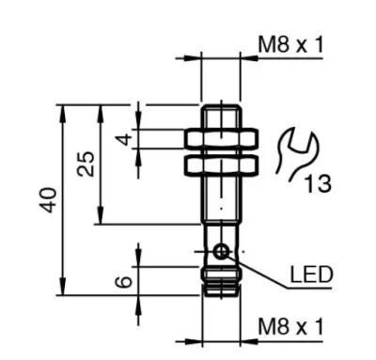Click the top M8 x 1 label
[x=290, y=45]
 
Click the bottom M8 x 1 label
[x=290, y=327]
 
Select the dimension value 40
[x=49, y=200]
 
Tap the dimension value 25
[x=86, y=164]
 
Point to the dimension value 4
[x=124, y=139]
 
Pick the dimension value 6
[x=123, y=281]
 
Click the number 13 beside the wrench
[x=318, y=183]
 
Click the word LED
[x=311, y=274]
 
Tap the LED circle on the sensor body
[x=221, y=251]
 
